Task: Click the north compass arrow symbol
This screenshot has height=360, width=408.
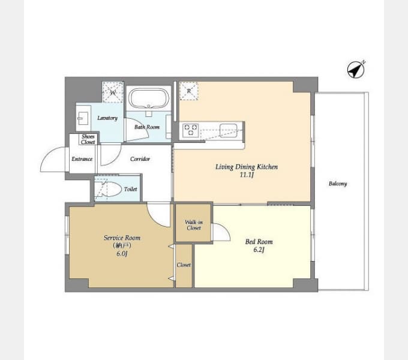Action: pyautogui.click(x=356, y=70)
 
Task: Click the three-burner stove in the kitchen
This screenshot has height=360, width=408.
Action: pyautogui.click(x=190, y=130)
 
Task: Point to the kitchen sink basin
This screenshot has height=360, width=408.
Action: pyautogui.click(x=228, y=130)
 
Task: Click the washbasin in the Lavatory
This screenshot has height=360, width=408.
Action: pyautogui.click(x=83, y=118)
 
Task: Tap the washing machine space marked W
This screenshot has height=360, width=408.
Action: pyautogui.click(x=113, y=92)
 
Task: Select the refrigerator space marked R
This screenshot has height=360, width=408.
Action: pyautogui.click(x=189, y=91)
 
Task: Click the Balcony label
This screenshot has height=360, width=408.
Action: pyautogui.click(x=338, y=184)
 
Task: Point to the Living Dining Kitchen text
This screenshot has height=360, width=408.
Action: pyautogui.click(x=247, y=167)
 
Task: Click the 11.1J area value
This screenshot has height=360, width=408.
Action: pyautogui.click(x=247, y=175)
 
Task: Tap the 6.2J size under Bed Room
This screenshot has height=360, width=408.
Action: pyautogui.click(x=259, y=250)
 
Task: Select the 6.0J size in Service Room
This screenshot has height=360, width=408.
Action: pyautogui.click(x=122, y=253)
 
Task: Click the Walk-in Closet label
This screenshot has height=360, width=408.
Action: pyautogui.click(x=194, y=225)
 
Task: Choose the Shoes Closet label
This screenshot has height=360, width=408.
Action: pyautogui.click(x=88, y=139)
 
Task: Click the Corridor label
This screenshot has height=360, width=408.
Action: pyautogui.click(x=140, y=158)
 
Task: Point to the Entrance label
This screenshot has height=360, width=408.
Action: pyautogui.click(x=82, y=159)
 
